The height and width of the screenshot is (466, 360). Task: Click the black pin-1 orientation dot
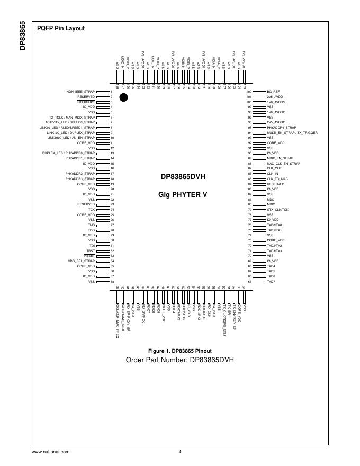[123, 97]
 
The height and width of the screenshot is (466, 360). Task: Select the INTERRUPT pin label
[86, 102]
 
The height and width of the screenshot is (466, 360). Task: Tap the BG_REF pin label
[273, 92]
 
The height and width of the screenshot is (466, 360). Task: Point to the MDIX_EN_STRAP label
[280, 158]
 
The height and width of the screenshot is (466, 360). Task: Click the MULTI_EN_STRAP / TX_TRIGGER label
[292, 132]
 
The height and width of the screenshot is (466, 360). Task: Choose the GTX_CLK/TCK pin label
[278, 210]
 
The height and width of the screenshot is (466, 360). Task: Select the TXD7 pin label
[271, 282]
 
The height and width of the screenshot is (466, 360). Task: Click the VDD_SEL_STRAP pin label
[81, 261]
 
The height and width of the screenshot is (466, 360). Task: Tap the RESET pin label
[89, 256]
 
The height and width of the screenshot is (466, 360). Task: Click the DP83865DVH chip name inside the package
[183, 177]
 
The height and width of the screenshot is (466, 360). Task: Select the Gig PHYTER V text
[183, 194]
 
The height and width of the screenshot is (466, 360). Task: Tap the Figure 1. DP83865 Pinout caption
[180, 351]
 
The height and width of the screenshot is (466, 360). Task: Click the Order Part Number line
[179, 360]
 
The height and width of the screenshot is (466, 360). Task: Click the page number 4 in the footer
[180, 452]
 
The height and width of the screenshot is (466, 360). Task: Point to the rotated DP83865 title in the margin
[22, 36]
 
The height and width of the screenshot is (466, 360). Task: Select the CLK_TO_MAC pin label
[277, 179]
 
